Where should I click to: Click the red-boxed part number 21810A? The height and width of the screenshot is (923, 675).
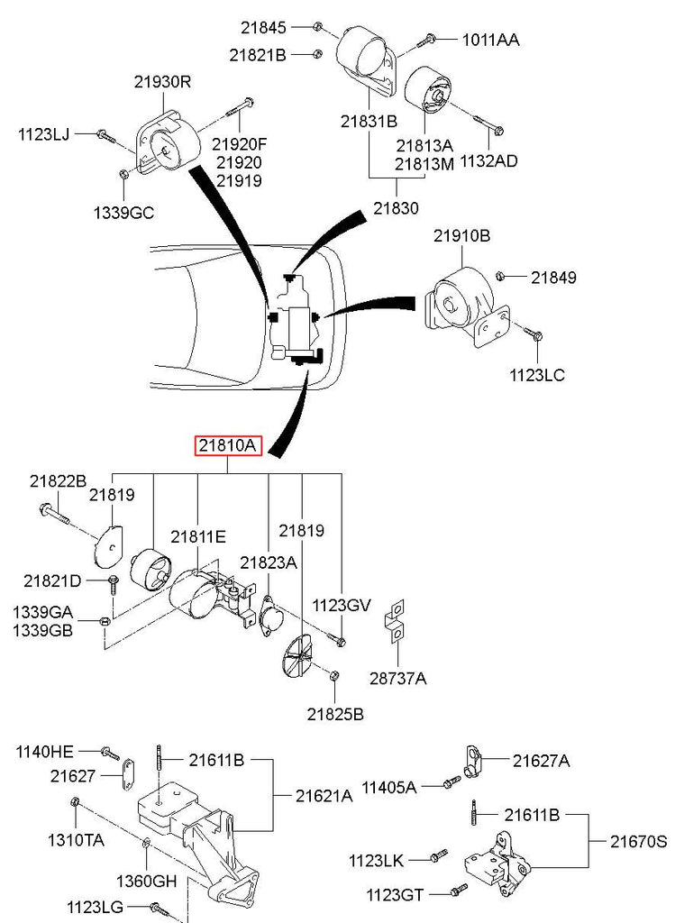point(229,445)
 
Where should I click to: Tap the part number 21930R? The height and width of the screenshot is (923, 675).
point(163,81)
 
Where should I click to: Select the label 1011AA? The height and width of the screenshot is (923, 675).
point(490,40)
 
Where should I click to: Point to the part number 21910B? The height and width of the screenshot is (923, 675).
point(461,236)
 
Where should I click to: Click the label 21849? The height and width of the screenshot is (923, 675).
point(553,278)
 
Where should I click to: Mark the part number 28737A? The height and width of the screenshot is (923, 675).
point(397,677)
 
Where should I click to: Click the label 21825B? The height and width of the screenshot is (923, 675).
point(334,715)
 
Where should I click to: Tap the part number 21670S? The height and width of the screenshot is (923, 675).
point(638,841)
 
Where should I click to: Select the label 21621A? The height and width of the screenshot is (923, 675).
point(324,796)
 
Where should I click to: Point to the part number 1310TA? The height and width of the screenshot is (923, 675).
point(76,839)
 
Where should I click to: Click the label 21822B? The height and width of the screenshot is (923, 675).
point(58,480)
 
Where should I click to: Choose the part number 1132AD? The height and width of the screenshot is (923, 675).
point(488,161)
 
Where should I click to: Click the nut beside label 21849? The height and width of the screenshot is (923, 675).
point(506,275)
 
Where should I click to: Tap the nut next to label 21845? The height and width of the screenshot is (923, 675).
point(319,26)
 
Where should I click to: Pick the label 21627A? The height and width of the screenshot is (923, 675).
point(541,761)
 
